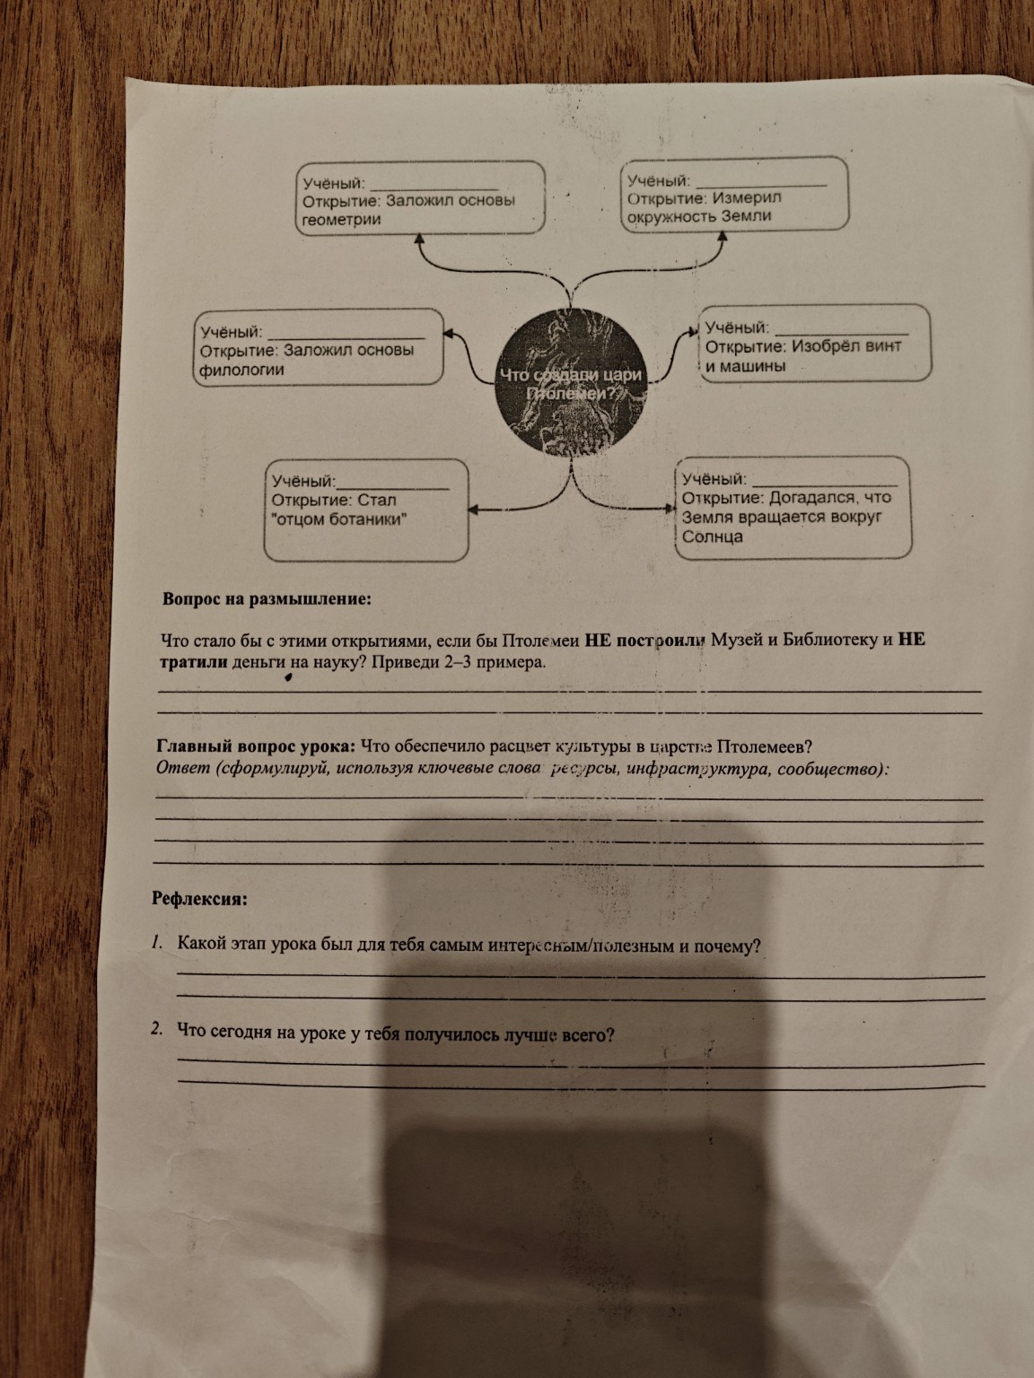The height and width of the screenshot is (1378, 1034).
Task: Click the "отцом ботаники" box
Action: [367, 509]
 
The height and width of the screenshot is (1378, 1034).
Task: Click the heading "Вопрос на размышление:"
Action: [266, 599]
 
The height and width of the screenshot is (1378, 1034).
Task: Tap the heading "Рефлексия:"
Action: [199, 897]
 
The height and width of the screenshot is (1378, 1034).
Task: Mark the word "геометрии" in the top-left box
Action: [343, 219]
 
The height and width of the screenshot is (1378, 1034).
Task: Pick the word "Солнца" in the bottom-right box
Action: [712, 537]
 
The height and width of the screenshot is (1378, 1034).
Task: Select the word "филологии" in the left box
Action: [242, 370]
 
